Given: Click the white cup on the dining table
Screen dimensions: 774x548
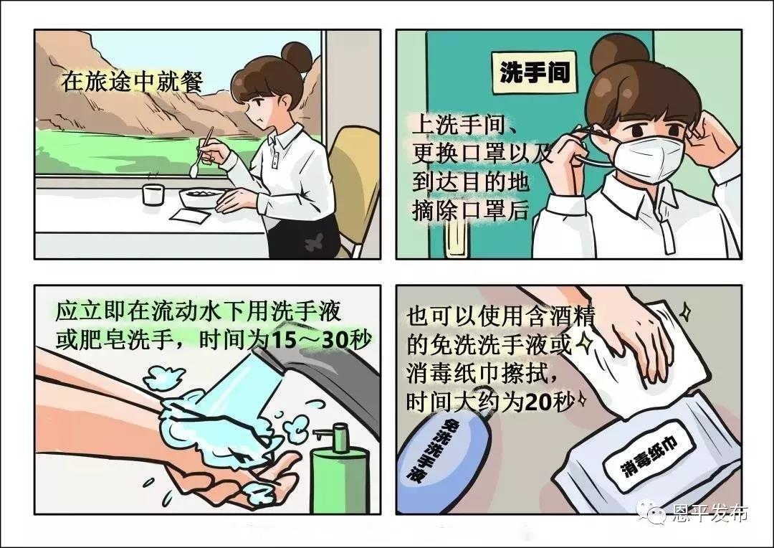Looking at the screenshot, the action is (153, 194).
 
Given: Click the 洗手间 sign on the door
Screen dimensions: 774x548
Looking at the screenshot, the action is (535, 73).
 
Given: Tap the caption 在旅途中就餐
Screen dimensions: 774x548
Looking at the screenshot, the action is (133, 82).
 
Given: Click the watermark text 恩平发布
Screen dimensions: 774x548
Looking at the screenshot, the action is (709, 514).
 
